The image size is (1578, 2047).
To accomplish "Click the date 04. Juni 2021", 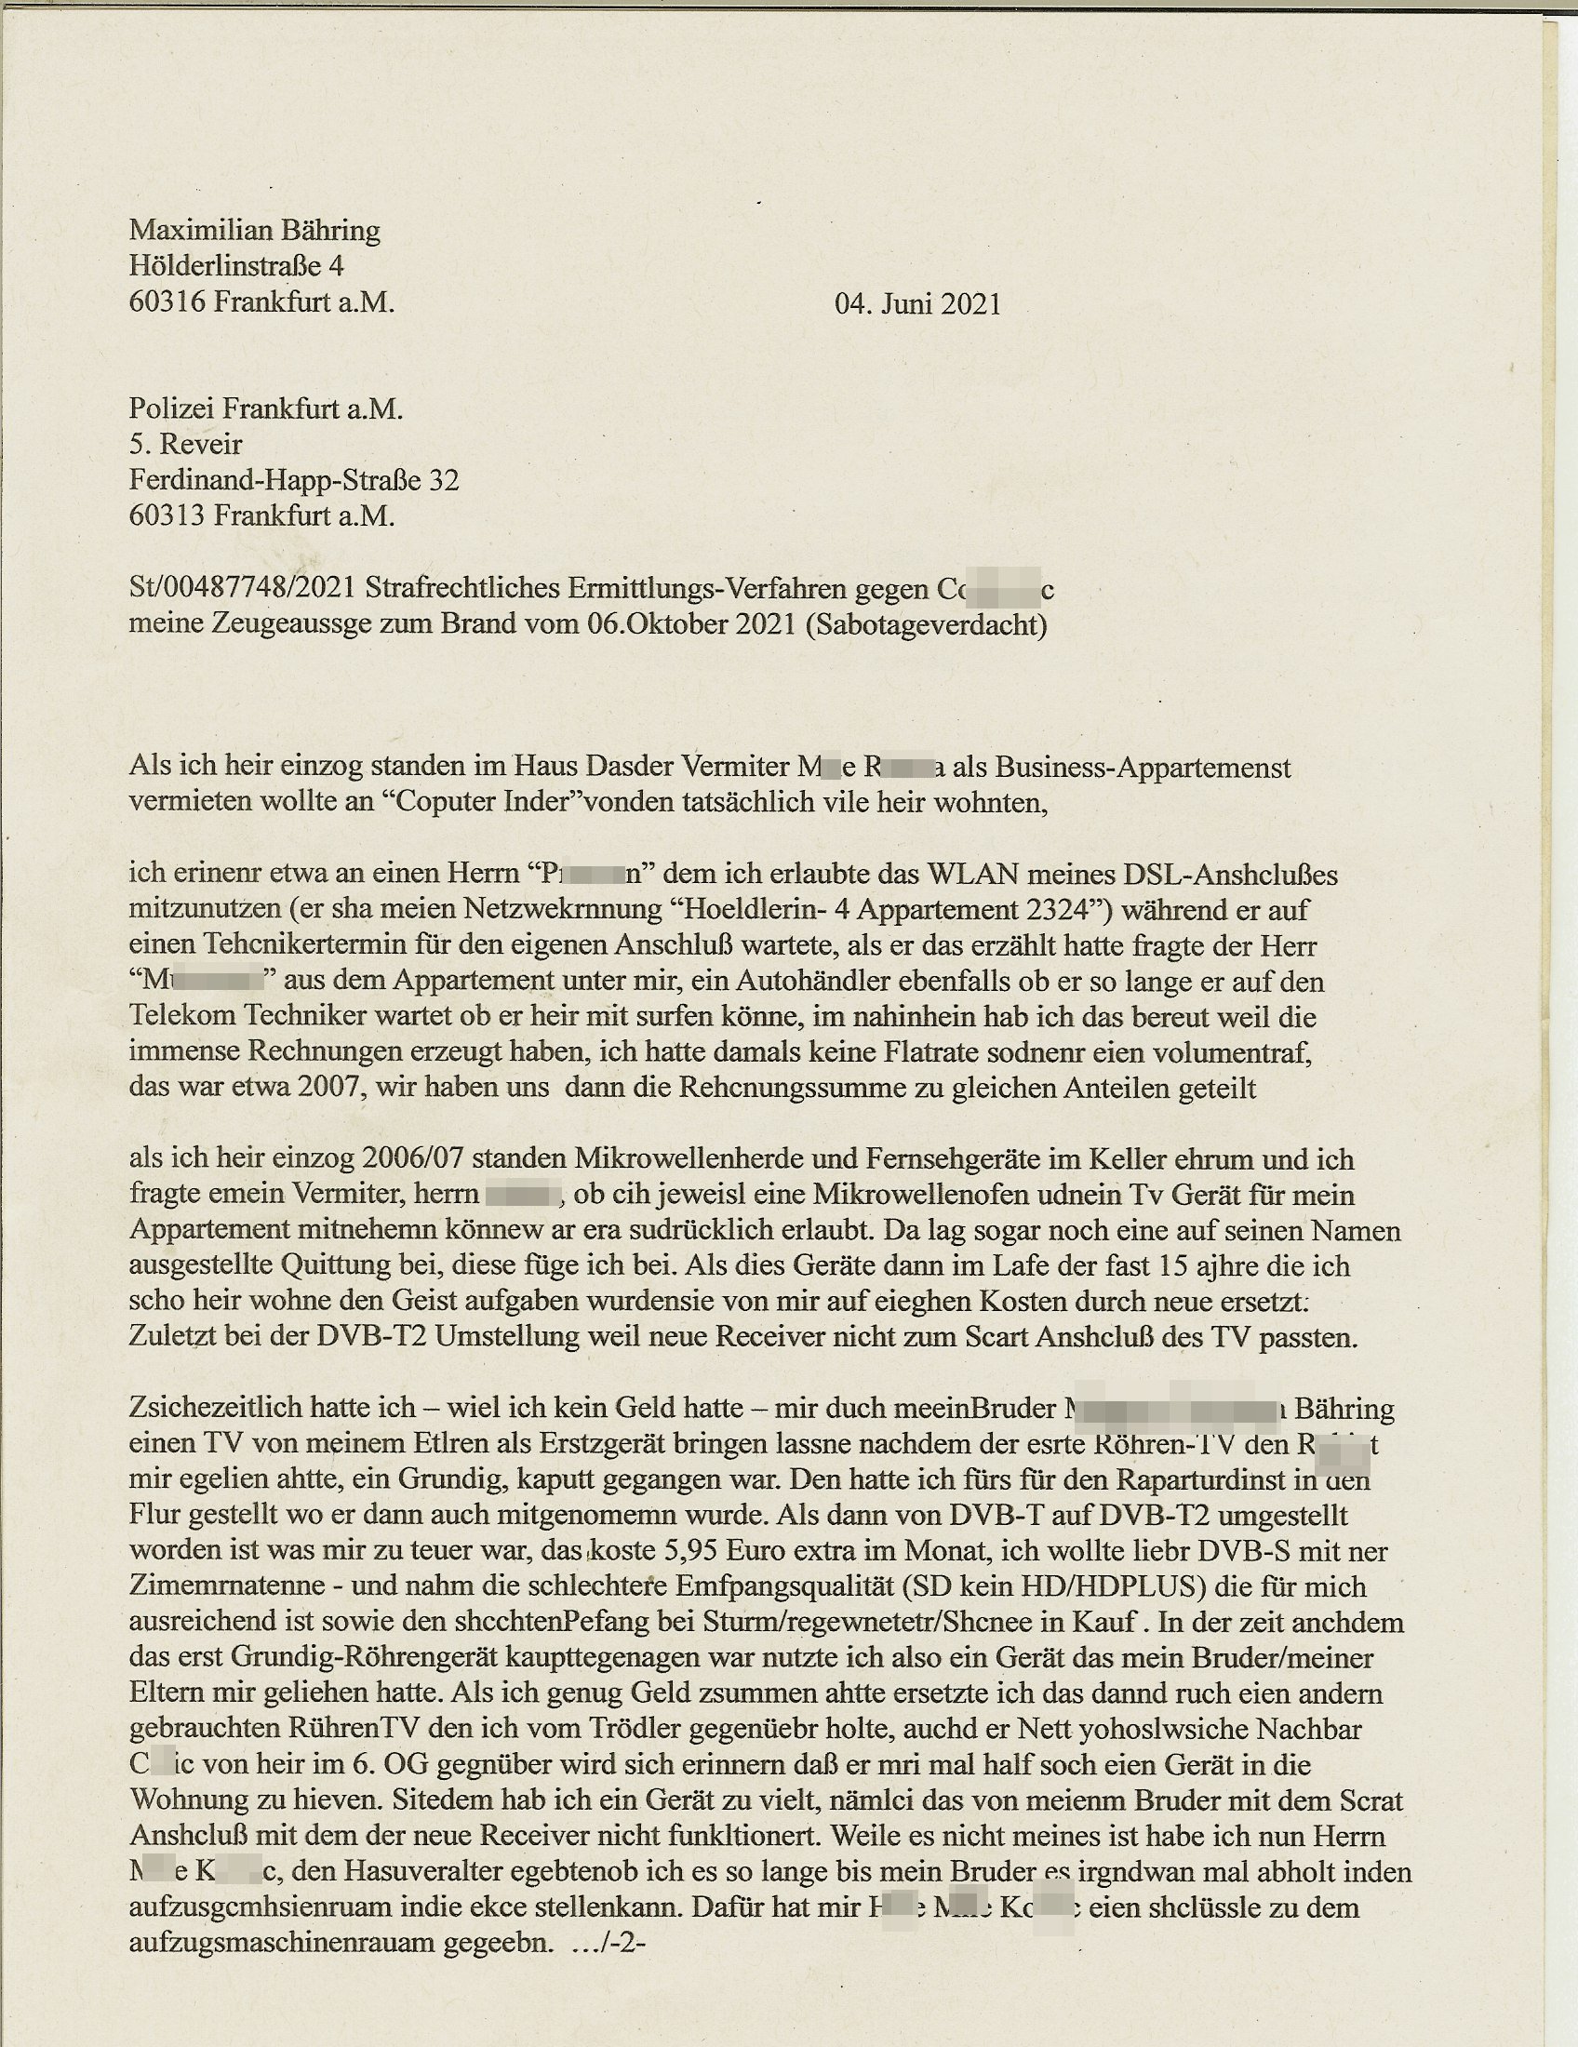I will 917,303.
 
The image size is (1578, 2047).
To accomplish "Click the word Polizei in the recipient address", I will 165,408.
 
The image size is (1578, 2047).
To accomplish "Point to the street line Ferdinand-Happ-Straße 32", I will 293,480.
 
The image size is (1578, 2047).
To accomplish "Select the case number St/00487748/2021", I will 242,589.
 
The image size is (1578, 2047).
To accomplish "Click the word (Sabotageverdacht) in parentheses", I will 925,624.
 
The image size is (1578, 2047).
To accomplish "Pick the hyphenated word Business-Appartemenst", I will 1143,768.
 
